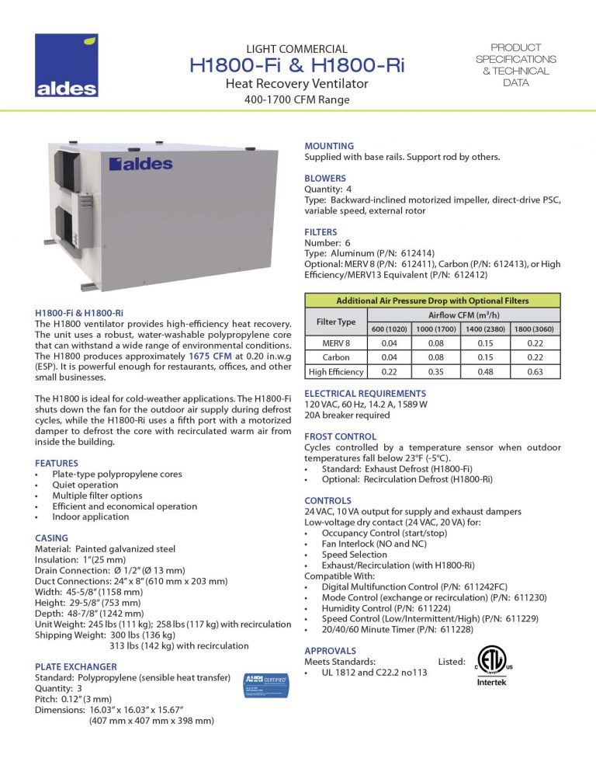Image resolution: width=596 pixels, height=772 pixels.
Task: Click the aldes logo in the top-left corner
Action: coord(67,65)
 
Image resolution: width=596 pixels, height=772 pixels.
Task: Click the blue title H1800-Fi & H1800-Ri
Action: coord(296,66)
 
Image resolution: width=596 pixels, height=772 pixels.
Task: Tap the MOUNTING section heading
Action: coord(329,146)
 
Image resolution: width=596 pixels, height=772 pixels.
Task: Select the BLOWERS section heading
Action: coord(325,179)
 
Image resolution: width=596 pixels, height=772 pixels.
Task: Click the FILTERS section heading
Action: coord(321,231)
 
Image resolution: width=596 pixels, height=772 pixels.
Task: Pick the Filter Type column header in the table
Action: coord(335,322)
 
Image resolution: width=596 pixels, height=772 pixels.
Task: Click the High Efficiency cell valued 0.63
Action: coord(535,372)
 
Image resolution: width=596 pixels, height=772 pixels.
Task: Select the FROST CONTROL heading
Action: coord(340,436)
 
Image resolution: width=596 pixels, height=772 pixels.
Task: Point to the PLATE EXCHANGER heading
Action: coord(76,666)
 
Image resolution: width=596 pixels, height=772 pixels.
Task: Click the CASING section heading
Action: coord(52,538)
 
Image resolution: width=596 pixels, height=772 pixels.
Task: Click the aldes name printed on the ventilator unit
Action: coord(140,164)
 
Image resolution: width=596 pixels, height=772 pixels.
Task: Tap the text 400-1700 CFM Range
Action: coord(296,100)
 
